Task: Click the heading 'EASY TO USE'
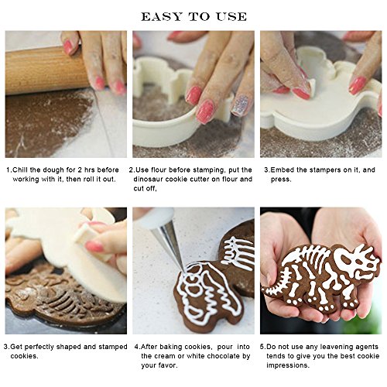pos(193,17)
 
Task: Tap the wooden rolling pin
pos(46,71)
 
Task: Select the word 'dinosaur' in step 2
pos(148,179)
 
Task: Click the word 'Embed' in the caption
pos(283,170)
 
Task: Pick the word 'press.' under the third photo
pos(281,180)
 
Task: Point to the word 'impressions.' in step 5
pos(288,366)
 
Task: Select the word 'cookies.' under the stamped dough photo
pos(24,357)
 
